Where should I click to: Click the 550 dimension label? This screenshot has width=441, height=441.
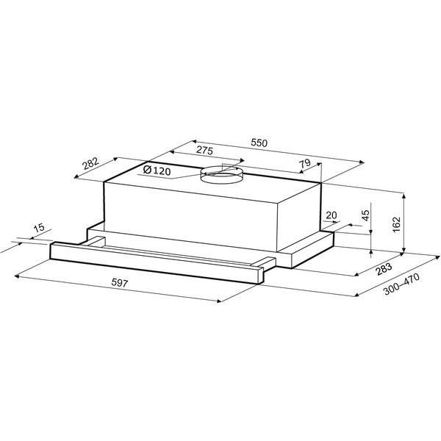click(259, 143)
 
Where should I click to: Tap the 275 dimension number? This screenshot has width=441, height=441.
click(204, 151)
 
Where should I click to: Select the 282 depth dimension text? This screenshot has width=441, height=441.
click(90, 164)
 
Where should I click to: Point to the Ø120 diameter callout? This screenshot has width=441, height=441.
click(157, 170)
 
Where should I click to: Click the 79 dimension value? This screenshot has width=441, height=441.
click(304, 163)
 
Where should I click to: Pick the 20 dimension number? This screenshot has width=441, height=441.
click(331, 215)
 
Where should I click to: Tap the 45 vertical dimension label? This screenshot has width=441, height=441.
click(365, 215)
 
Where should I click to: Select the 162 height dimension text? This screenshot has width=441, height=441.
click(396, 224)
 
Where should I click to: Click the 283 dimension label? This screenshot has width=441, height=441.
click(384, 269)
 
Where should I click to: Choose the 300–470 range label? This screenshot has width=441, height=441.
click(401, 284)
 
